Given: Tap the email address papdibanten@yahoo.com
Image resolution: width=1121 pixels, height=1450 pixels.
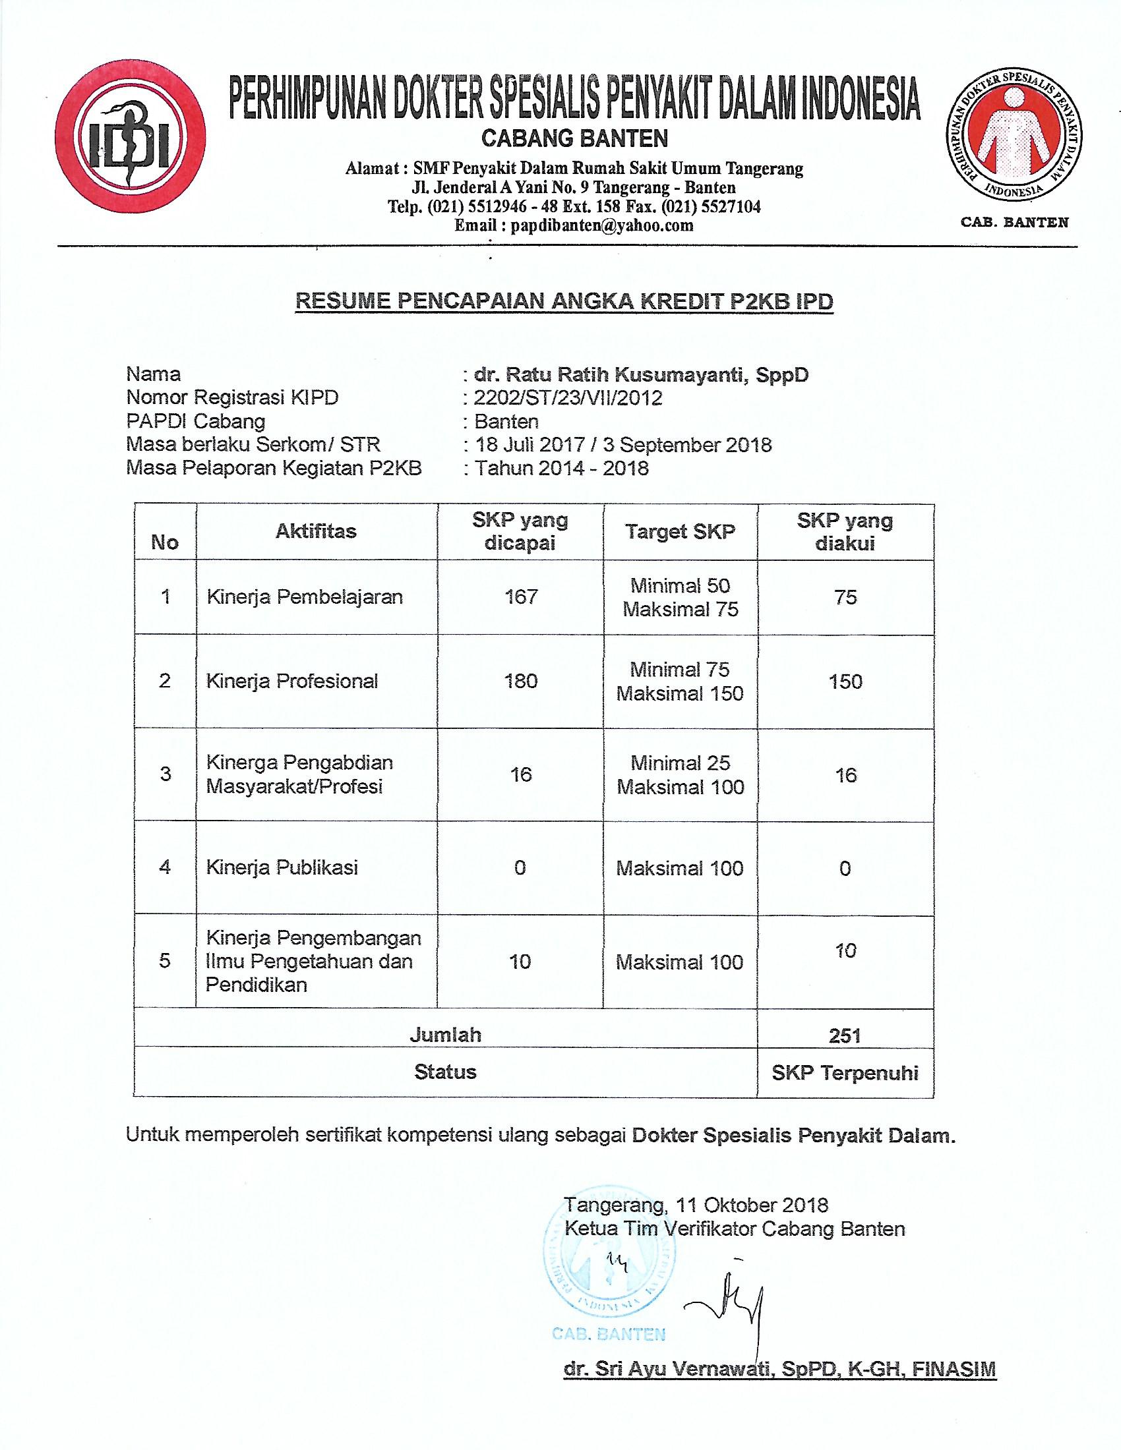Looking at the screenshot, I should pos(601,225).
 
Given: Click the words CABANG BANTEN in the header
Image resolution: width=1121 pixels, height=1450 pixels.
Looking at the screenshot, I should pos(574,139).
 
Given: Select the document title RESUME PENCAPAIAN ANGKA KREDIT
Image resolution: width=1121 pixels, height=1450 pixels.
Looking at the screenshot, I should pos(564,301).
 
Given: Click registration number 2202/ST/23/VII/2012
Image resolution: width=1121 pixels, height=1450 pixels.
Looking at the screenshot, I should pos(568,397).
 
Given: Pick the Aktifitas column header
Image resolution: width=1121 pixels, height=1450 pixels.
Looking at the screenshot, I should pos(316,531).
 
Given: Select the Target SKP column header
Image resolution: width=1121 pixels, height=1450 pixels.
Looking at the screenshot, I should pos(680,532).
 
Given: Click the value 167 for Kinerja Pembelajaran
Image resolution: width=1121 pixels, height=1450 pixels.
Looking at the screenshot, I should pos(521,597).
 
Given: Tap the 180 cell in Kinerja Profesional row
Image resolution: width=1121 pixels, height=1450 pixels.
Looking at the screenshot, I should pos(521,681).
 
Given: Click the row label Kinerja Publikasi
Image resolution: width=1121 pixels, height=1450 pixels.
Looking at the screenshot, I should pos(282,867).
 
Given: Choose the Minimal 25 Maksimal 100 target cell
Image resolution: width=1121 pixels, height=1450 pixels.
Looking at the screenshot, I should pos(680,775).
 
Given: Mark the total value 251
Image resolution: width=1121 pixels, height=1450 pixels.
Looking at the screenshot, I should pos(845,1035).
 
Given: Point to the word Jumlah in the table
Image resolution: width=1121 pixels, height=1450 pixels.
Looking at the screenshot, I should pos(445,1035).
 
